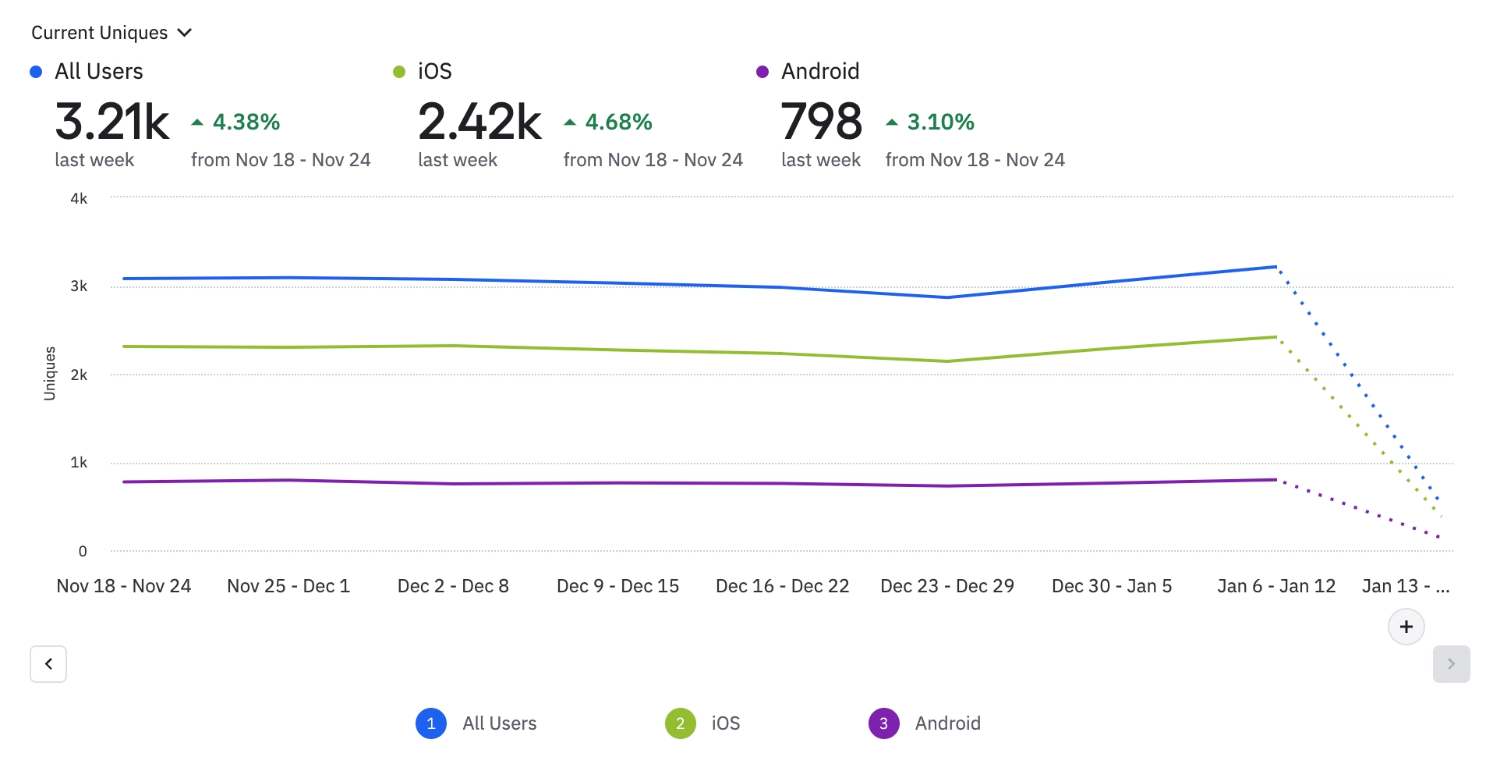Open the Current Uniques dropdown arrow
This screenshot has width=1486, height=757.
coord(185,33)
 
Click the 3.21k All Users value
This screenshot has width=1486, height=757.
coord(112,122)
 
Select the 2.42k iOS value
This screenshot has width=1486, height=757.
coord(479,122)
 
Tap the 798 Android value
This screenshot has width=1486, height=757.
coord(821,122)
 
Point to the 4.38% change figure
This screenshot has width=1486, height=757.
coord(246,122)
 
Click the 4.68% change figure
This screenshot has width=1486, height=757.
coord(618,122)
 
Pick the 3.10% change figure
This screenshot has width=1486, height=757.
coord(940,122)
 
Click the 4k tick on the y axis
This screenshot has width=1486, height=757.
coord(79,198)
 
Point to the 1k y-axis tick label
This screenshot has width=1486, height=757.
coord(79,463)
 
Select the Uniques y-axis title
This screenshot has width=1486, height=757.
coord(50,374)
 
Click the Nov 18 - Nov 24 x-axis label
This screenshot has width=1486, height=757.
coord(124,586)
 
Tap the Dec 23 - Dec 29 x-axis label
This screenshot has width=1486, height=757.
coord(947,586)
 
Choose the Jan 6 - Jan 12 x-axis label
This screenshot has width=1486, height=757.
coord(1276,586)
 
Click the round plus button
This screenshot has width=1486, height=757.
coord(1406,627)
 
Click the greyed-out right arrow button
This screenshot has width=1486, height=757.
coord(1451,664)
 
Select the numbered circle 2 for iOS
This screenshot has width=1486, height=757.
coord(680,723)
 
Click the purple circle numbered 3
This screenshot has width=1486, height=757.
coord(883,723)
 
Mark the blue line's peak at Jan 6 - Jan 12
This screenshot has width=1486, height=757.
coord(1275,267)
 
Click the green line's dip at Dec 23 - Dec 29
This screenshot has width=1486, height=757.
coord(947,361)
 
